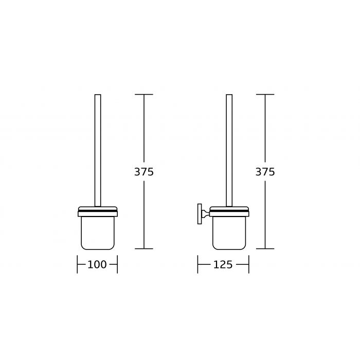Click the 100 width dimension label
click(x=97, y=264)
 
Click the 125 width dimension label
click(x=223, y=264)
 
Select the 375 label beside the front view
click(x=144, y=172)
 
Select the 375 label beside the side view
click(x=265, y=172)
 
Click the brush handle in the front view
click(x=98, y=150)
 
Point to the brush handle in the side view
click(x=229, y=150)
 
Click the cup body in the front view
click(x=98, y=233)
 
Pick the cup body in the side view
click(x=229, y=233)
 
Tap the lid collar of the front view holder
click(x=98, y=211)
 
